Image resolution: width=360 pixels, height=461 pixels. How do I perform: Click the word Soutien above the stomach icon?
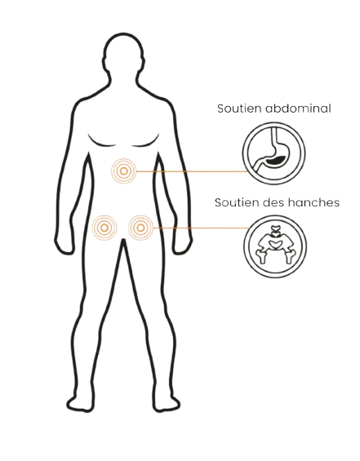239,109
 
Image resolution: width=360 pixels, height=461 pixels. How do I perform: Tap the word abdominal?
298,109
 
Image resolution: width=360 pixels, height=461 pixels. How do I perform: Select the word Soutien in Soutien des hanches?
236,202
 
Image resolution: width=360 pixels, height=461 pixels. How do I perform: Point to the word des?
273,202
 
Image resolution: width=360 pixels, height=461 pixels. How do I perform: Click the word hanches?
313,202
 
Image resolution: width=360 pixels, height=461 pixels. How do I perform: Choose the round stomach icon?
274,153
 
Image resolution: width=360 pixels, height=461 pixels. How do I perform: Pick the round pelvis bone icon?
275,246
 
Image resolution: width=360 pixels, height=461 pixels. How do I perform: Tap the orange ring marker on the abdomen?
124,171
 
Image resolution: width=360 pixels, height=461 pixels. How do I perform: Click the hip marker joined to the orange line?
140,228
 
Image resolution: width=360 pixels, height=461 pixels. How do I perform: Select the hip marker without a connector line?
104,228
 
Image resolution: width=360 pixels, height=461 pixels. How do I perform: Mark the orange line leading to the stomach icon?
191,171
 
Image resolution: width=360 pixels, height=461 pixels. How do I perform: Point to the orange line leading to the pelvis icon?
201,228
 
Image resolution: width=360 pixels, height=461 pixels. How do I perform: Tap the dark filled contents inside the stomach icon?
275,160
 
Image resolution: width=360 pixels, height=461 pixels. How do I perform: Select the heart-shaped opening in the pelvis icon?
276,244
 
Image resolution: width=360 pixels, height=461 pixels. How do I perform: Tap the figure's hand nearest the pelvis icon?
183,244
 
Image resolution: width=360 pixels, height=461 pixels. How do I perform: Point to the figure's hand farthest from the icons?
64,244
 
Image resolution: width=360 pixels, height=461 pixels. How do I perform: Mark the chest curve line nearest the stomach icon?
145,143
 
